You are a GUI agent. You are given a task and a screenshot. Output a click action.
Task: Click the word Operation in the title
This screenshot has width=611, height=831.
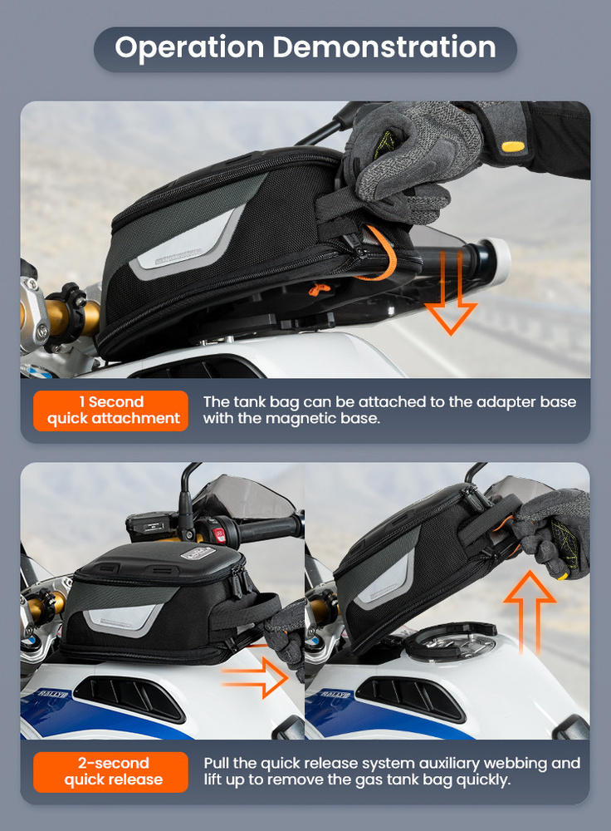189,47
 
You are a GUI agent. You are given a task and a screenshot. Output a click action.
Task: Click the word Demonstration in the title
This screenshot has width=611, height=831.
384,47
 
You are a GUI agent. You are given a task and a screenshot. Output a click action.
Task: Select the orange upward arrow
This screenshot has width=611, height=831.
530,611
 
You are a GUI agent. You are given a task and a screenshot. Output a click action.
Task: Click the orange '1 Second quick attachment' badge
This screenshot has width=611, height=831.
110,411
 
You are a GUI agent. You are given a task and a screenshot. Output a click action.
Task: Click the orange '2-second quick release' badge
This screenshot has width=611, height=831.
110,772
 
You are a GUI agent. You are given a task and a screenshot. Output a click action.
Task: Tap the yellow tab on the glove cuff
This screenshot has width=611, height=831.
513,146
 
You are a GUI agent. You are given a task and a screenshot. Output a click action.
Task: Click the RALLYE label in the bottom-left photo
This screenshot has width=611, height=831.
53,694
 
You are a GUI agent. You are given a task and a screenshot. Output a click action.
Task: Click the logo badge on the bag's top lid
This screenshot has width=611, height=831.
198,553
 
